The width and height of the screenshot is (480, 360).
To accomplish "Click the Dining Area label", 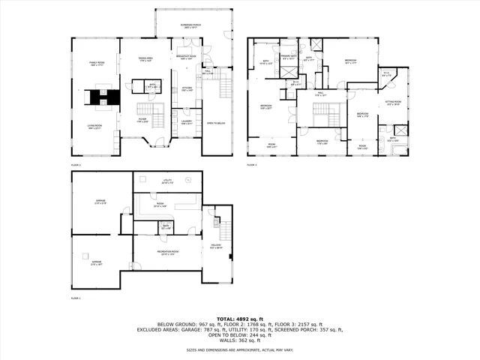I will pos(146,59).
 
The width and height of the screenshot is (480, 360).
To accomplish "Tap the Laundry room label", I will pos(187,124).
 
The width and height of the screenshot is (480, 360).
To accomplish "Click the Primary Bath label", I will pos(288,56).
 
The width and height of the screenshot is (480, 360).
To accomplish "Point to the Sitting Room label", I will pos(393,103).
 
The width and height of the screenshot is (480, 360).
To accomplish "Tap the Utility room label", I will pos(167,181).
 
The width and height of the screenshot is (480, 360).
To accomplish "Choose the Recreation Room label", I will pos(166,252).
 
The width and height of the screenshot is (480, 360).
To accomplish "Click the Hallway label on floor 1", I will pos(216,247).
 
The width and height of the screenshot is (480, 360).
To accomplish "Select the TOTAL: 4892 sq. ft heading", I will pos(240,319).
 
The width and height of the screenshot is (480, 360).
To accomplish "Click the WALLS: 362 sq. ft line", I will pos(240,341).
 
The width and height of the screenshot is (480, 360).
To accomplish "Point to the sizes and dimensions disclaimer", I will pos(240,349).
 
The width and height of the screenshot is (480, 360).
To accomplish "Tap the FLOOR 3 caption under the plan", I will pos(252,164).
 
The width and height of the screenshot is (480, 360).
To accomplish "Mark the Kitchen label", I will pos(187,88).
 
